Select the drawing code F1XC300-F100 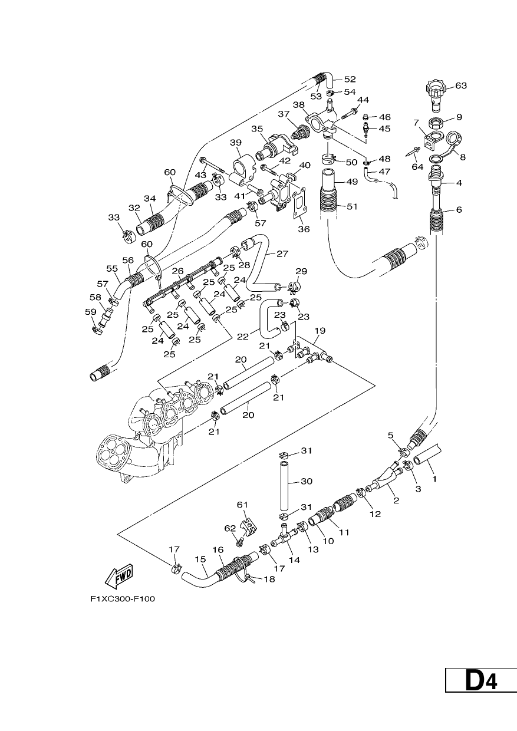[x=123, y=599]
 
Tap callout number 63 [x=461, y=85]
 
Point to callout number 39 [x=235, y=143]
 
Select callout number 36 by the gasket [x=304, y=229]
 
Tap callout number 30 [x=306, y=481]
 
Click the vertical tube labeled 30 [x=285, y=485]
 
